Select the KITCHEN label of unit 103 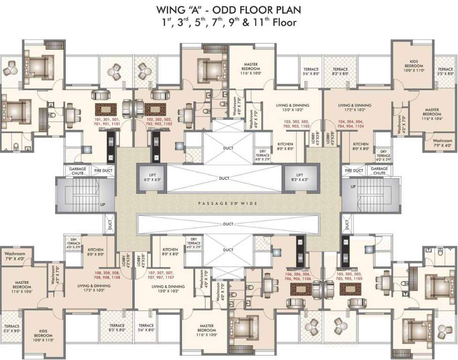286,146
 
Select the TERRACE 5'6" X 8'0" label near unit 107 146,328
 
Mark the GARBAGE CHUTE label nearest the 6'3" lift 76,171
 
